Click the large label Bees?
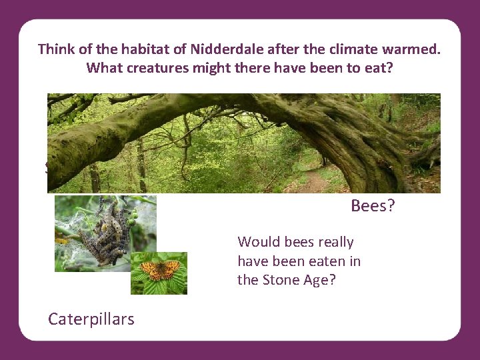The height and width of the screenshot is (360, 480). coord(373,206)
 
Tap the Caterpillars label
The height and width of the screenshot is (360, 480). coord(91,319)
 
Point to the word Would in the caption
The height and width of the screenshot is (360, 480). coord(257,242)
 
